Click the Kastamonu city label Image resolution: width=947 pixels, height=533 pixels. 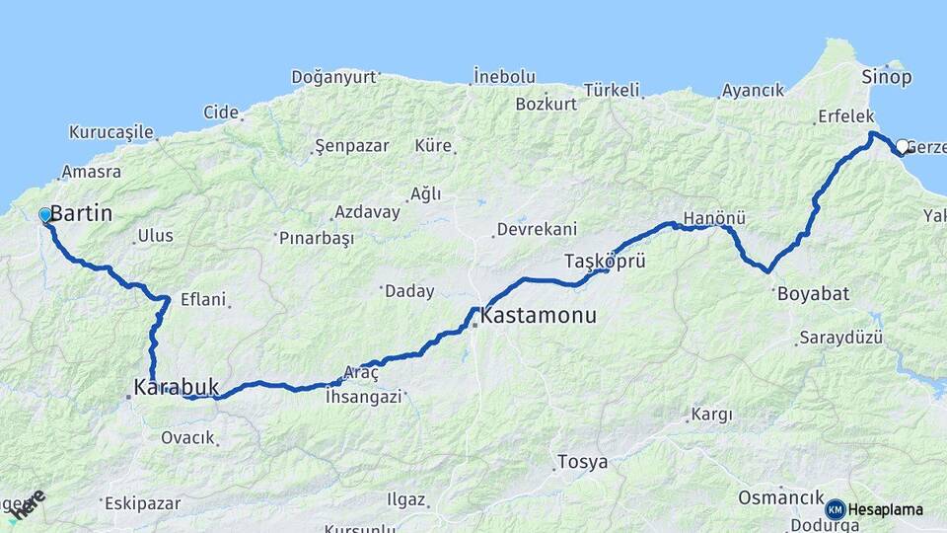click(x=539, y=318)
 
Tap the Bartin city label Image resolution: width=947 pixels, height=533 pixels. click(x=81, y=213)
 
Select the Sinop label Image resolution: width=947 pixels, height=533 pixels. click(x=887, y=77)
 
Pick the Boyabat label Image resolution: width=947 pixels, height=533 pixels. click(x=814, y=293)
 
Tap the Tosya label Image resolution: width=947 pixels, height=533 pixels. click(x=582, y=462)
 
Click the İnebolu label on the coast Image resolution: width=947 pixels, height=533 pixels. click(x=504, y=76)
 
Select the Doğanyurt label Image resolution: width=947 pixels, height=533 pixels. click(x=334, y=77)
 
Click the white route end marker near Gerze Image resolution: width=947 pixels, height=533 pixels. click(x=902, y=146)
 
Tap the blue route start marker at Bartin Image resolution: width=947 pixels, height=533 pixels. click(x=45, y=215)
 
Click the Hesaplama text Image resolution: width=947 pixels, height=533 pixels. click(x=886, y=509)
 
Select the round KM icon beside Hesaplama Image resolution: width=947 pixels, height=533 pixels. click(x=836, y=509)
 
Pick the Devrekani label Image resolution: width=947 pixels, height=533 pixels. click(x=537, y=229)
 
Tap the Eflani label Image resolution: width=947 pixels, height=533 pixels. click(x=203, y=299)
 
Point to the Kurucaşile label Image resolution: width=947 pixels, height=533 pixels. click(x=111, y=131)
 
